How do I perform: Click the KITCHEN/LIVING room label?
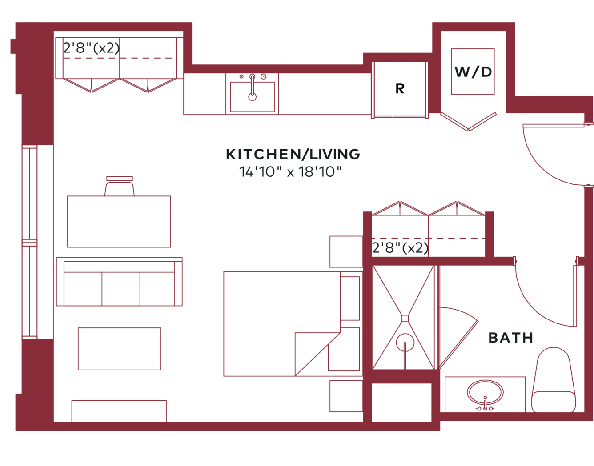[x=293, y=154]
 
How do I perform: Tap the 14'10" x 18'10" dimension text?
[x=290, y=172]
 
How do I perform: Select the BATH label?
[x=510, y=338]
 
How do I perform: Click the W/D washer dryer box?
[x=473, y=72]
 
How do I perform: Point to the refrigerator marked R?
[x=400, y=90]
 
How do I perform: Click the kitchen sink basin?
[x=252, y=97]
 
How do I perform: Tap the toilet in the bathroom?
[x=553, y=380]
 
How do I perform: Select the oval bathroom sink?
[x=485, y=393]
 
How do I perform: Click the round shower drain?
[x=405, y=343]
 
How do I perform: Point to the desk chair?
[x=120, y=186]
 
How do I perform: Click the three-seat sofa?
[x=119, y=282]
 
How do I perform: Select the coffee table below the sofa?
[x=119, y=349]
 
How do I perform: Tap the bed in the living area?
[x=281, y=324]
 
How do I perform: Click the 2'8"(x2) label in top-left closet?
[x=91, y=48]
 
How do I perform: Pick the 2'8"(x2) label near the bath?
[x=400, y=248]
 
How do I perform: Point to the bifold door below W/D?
[x=468, y=121]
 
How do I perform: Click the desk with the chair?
[x=119, y=222]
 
